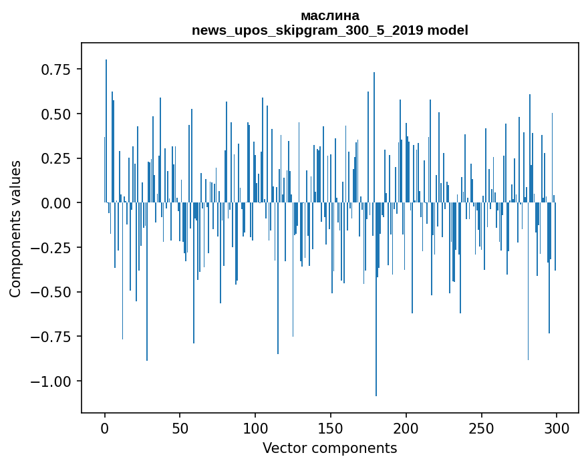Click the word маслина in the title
(330, 15)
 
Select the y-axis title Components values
(15, 228)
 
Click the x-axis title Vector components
(330, 448)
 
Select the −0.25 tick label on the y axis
(53, 248)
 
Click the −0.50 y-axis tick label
(53, 292)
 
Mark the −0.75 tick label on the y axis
(53, 337)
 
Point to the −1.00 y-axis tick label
(53, 381)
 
